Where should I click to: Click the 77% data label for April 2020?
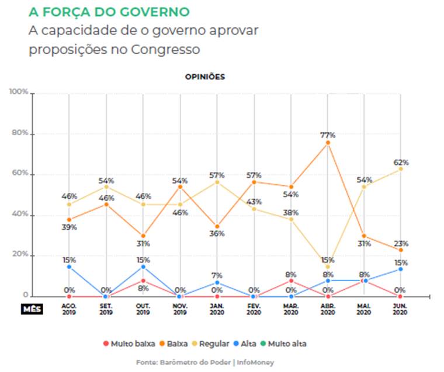point(327,135)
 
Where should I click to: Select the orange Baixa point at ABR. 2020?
point(327,142)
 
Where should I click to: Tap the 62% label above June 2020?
point(401,162)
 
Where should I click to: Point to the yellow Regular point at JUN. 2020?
point(401,169)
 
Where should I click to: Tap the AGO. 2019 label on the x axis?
point(69,308)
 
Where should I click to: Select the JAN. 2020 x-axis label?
point(217,308)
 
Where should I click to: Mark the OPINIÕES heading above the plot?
point(204,77)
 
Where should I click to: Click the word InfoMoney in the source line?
point(255,363)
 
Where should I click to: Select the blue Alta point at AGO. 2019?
point(69,266)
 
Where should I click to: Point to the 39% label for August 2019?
point(69,227)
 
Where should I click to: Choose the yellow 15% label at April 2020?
point(328,259)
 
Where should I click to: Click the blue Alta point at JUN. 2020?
point(401,269)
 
